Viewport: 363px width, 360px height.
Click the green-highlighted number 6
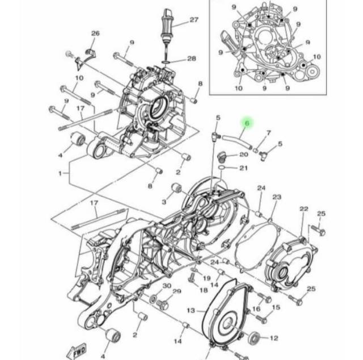click(x=247, y=123)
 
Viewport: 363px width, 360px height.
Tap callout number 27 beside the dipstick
click(x=194, y=20)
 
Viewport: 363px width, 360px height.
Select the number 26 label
click(x=95, y=34)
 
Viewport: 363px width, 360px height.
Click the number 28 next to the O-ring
click(x=192, y=58)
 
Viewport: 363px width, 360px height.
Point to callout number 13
click(x=191, y=311)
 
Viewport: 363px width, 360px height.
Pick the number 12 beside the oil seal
click(x=274, y=338)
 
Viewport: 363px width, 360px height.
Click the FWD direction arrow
click(x=77, y=351)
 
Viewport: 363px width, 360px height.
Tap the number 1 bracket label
click(x=60, y=173)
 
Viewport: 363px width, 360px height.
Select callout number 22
click(x=304, y=209)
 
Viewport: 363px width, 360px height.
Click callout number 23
click(x=277, y=197)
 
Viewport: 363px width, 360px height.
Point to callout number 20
click(x=243, y=154)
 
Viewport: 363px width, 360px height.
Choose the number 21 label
click(x=243, y=168)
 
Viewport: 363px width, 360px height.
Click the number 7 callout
click(x=268, y=133)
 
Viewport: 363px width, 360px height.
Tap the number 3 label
click(x=164, y=202)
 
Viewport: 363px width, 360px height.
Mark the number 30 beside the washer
click(x=167, y=286)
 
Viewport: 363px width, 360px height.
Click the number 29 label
click(x=177, y=291)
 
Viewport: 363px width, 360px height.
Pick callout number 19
click(x=206, y=278)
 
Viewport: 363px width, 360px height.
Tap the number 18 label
click(x=204, y=290)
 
